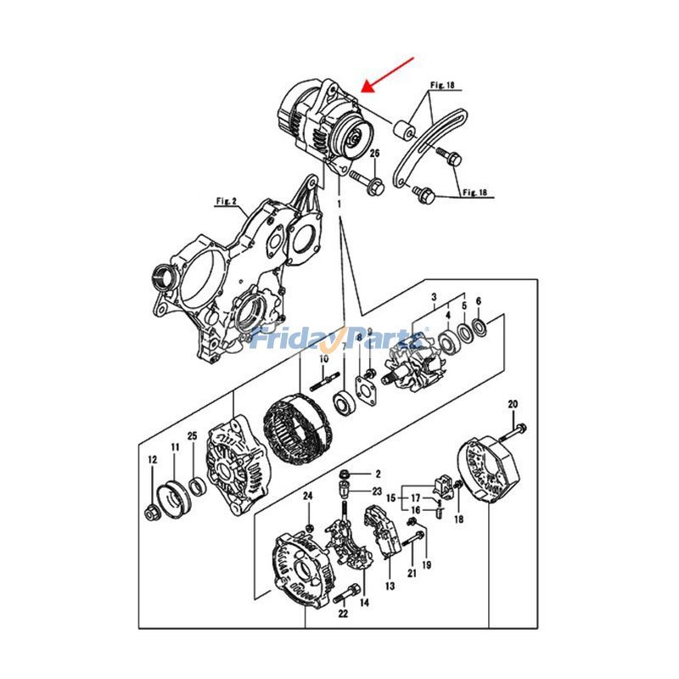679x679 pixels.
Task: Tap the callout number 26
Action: (374, 154)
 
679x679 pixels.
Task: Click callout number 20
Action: (512, 403)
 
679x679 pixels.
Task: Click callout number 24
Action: (308, 496)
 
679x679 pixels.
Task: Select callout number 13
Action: (390, 586)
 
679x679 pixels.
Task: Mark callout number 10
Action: (323, 361)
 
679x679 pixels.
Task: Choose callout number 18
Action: (458, 518)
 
